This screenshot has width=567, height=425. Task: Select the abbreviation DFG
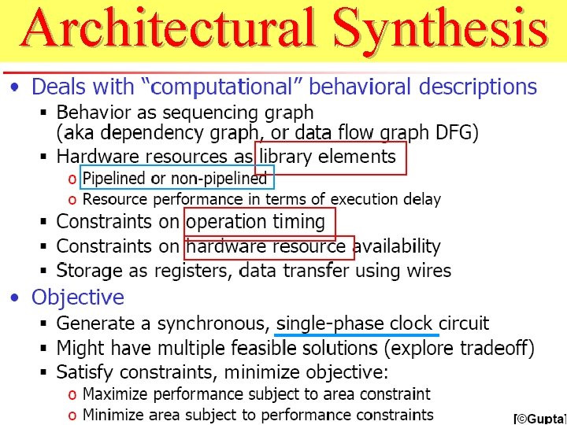(453, 132)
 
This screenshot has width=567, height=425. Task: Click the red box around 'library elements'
(331, 157)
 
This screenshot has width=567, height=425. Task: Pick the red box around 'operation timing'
(260, 223)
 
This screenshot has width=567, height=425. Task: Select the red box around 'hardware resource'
(269, 247)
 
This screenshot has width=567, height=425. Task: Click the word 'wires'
(426, 272)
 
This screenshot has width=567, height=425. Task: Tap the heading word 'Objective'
(78, 297)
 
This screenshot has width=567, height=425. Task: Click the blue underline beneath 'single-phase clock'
(358, 334)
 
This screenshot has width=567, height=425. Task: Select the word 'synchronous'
(212, 323)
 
